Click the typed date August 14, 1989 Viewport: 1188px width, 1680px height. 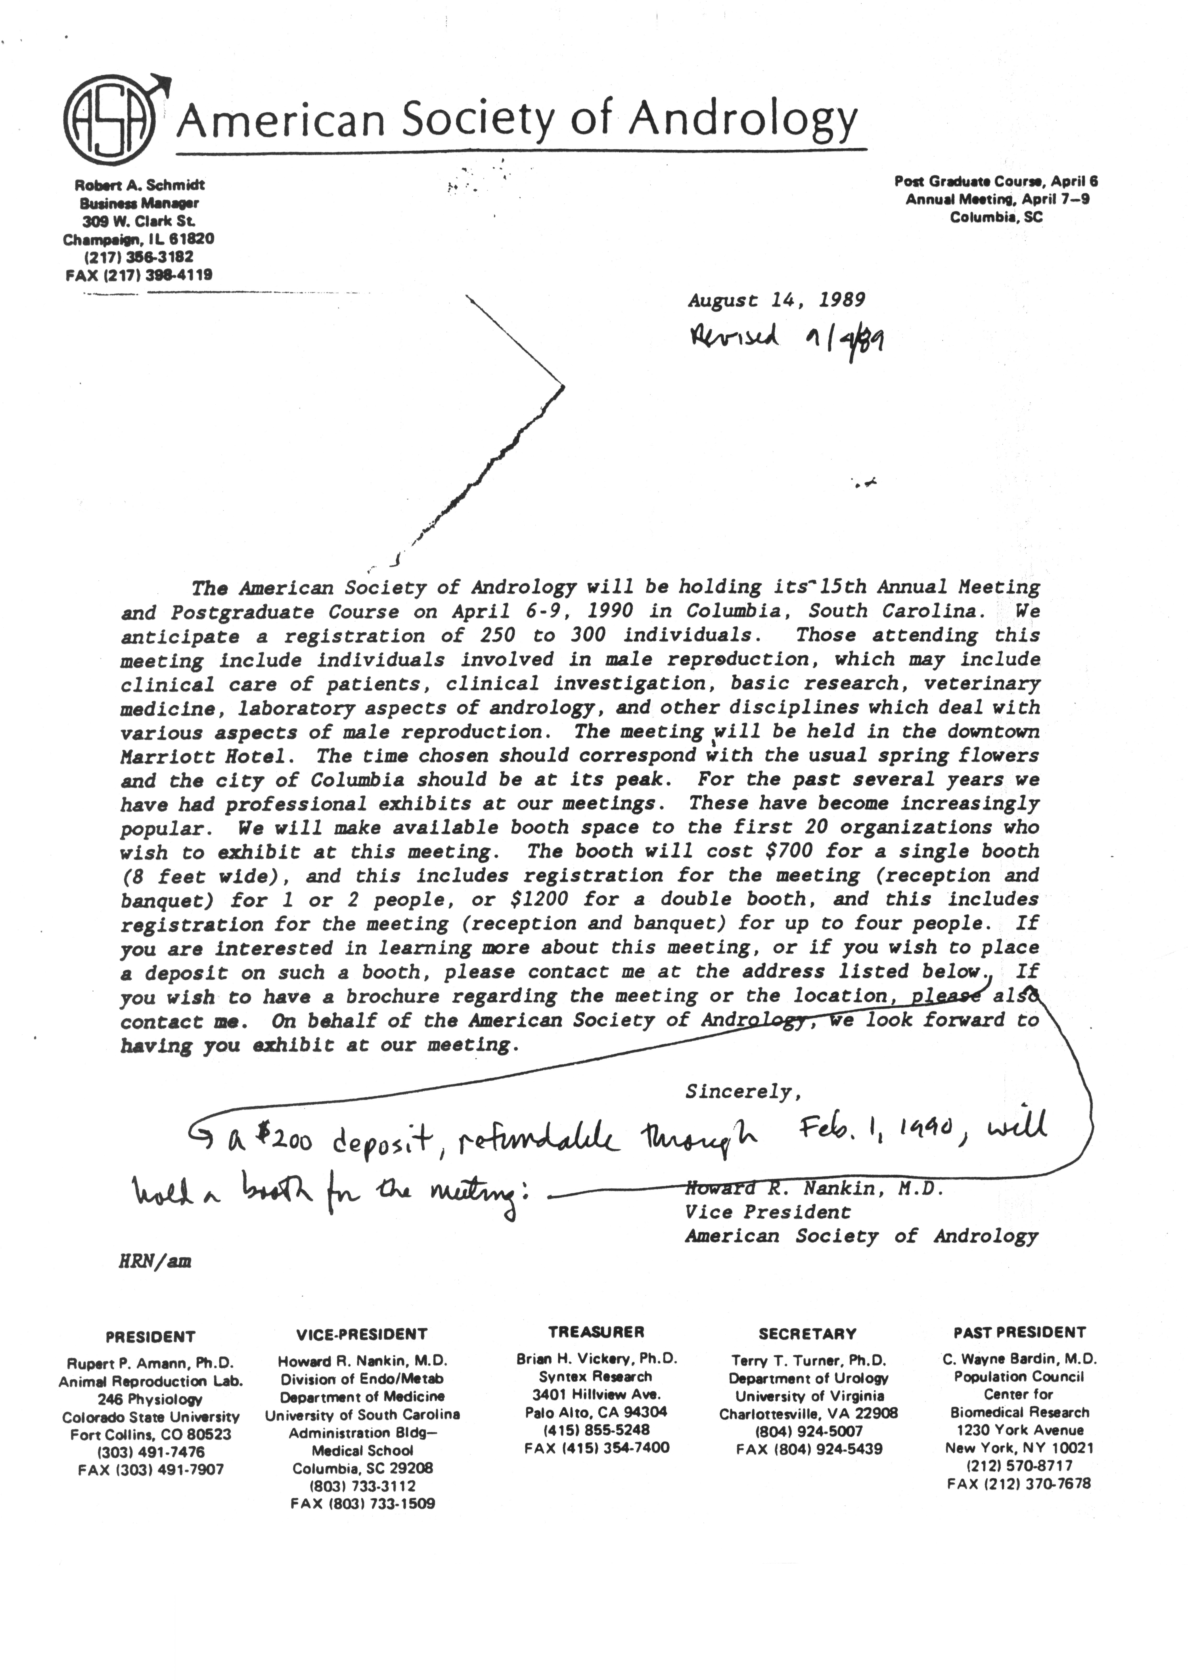pos(776,300)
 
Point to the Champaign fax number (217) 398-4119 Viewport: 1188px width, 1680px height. pos(139,275)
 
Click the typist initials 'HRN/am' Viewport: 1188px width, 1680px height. pos(155,1261)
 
